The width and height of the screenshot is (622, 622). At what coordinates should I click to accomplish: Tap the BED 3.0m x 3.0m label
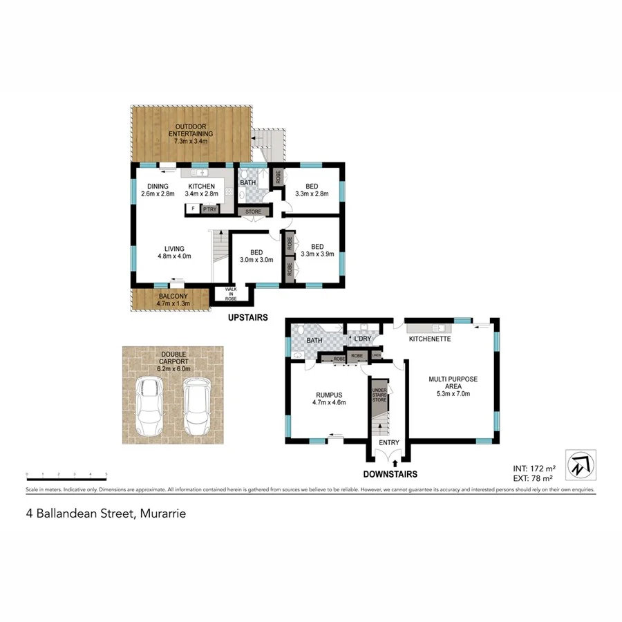[x=256, y=256]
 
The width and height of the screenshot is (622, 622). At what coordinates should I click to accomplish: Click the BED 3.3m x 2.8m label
[x=312, y=190]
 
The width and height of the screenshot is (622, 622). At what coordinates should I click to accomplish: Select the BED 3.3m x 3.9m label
[x=317, y=250]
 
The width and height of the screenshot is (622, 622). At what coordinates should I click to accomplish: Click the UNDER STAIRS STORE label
[x=379, y=395]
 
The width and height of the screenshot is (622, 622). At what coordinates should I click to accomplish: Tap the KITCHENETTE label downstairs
[x=430, y=339]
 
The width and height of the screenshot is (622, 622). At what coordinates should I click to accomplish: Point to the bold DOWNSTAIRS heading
[x=389, y=474]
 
